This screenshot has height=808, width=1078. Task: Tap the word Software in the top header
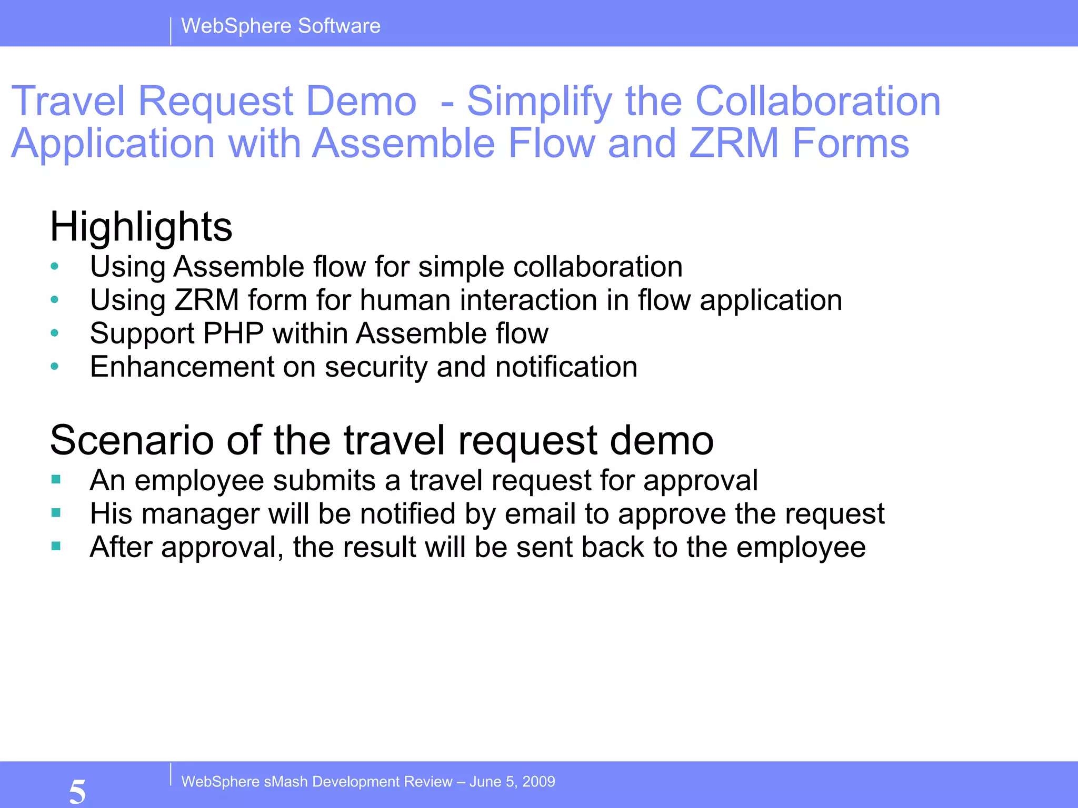click(339, 26)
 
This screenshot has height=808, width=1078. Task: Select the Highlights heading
click(141, 227)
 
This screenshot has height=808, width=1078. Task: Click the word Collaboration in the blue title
click(817, 101)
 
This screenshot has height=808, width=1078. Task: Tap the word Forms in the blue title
click(851, 143)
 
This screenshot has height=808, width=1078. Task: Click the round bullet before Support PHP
click(55, 333)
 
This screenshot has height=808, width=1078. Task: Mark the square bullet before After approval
click(56, 546)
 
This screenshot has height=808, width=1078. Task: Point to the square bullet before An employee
click(56, 479)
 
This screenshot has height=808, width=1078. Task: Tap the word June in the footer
click(485, 782)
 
